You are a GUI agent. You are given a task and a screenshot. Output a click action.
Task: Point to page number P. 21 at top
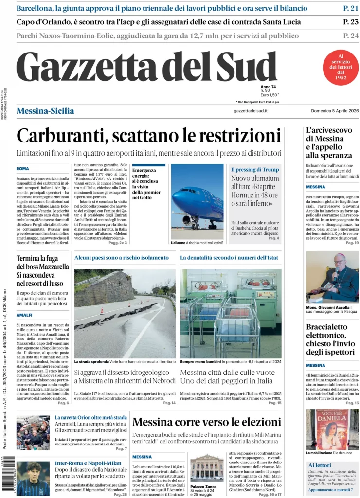click(x=350, y=8)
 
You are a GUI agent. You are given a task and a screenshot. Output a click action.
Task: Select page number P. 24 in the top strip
click(x=350, y=36)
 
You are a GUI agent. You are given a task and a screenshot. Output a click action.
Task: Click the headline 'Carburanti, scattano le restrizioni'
click(x=148, y=135)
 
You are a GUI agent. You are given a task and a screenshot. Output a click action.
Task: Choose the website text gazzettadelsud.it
click(x=251, y=111)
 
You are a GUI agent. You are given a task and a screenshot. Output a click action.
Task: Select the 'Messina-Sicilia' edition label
click(x=45, y=111)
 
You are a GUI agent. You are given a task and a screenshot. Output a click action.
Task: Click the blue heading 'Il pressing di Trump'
click(x=255, y=169)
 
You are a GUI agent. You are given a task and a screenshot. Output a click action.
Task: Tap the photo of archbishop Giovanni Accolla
click(x=332, y=277)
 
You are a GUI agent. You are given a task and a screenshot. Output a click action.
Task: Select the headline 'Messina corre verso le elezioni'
click(x=206, y=422)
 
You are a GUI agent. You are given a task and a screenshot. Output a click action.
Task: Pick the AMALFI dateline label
click(x=24, y=315)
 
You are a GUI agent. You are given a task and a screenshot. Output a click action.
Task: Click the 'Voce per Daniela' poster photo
click(x=332, y=429)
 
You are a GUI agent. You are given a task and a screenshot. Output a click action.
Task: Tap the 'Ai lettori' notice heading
click(x=320, y=465)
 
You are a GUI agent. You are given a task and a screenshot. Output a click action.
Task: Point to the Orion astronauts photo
click(x=33, y=432)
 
